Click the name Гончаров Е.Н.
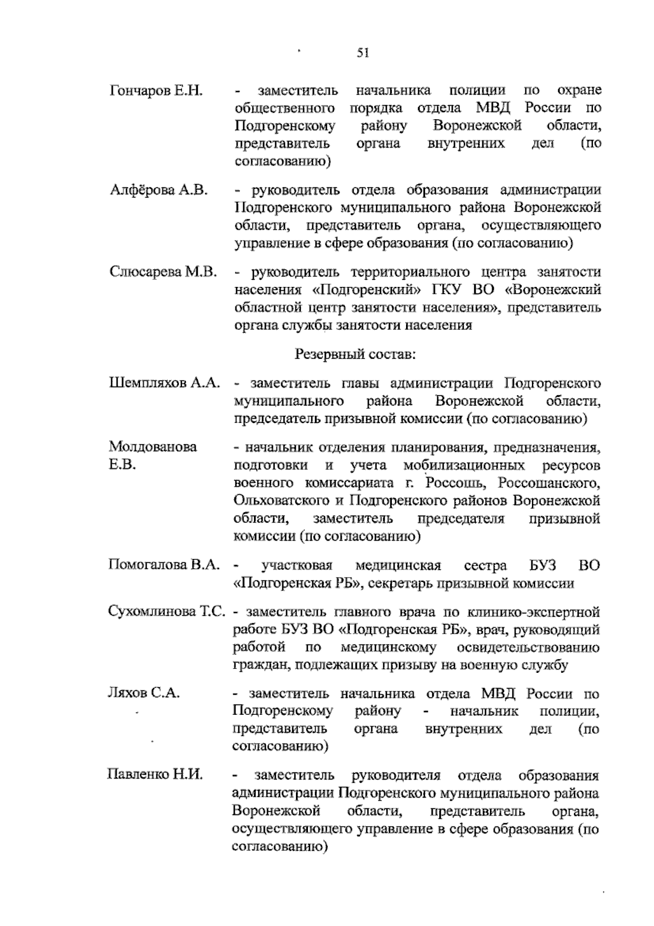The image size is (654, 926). (156, 90)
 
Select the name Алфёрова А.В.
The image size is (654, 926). (159, 190)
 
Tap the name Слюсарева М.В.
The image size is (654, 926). (163, 272)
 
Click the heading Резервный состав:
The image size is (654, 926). (355, 354)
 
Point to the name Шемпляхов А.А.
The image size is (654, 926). (165, 383)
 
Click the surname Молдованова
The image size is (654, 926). (153, 447)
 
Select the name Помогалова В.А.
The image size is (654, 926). (164, 565)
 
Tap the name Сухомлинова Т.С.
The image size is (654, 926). (167, 611)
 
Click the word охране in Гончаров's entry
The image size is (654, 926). (580, 90)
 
